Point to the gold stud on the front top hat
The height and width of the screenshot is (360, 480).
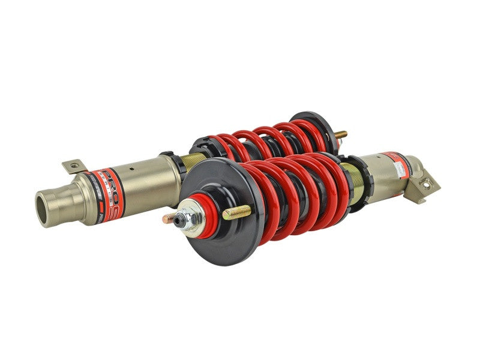tap(237, 212)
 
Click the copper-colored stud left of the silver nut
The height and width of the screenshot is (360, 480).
tap(170, 217)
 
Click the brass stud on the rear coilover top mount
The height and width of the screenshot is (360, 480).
tap(340, 134)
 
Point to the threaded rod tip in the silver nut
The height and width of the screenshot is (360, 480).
tap(180, 220)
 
